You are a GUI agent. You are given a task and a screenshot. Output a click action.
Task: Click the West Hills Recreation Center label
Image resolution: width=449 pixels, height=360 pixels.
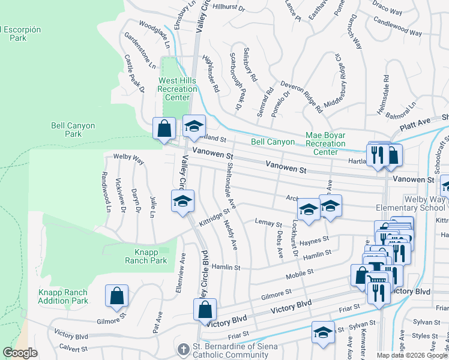[x=177, y=89]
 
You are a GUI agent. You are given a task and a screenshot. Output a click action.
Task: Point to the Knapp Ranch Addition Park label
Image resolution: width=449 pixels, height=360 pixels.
[x=63, y=296]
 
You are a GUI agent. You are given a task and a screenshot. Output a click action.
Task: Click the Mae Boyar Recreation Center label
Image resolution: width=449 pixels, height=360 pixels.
[x=325, y=143]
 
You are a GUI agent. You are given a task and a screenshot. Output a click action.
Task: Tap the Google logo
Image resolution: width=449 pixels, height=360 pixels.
[x=20, y=353]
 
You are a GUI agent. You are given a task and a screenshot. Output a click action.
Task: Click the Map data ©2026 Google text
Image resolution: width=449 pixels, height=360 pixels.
[x=411, y=355]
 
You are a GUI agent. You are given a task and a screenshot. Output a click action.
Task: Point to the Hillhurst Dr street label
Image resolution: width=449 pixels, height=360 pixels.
[x=229, y=8]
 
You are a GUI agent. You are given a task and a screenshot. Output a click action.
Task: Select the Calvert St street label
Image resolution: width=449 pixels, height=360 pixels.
[x=73, y=348]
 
